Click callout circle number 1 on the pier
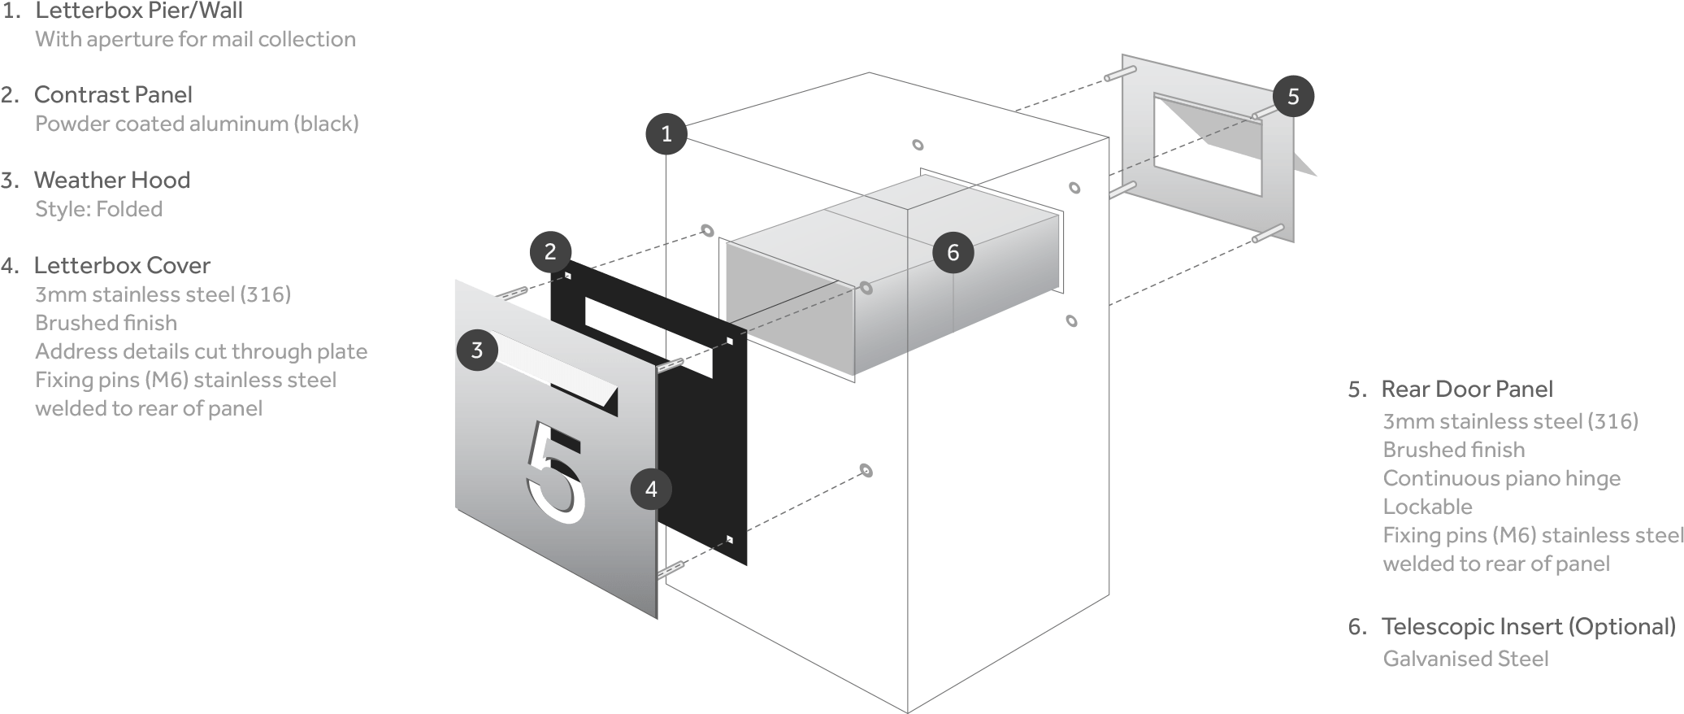tap(666, 133)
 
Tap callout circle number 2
tap(550, 251)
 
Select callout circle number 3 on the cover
tap(477, 350)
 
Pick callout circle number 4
tap(651, 489)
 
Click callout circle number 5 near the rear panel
tap(1293, 97)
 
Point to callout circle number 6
tap(953, 252)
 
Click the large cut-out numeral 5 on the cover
tap(555, 472)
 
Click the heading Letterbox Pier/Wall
tap(138, 11)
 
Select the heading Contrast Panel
tap(113, 94)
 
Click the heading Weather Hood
tap(112, 180)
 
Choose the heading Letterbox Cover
tap(122, 265)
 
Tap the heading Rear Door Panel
tap(1467, 389)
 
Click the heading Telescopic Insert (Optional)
tap(1528, 626)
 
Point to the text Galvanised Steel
tap(1465, 658)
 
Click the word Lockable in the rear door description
tap(1427, 507)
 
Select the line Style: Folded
tap(98, 209)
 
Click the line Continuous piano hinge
tap(1501, 478)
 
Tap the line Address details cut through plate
tap(201, 351)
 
